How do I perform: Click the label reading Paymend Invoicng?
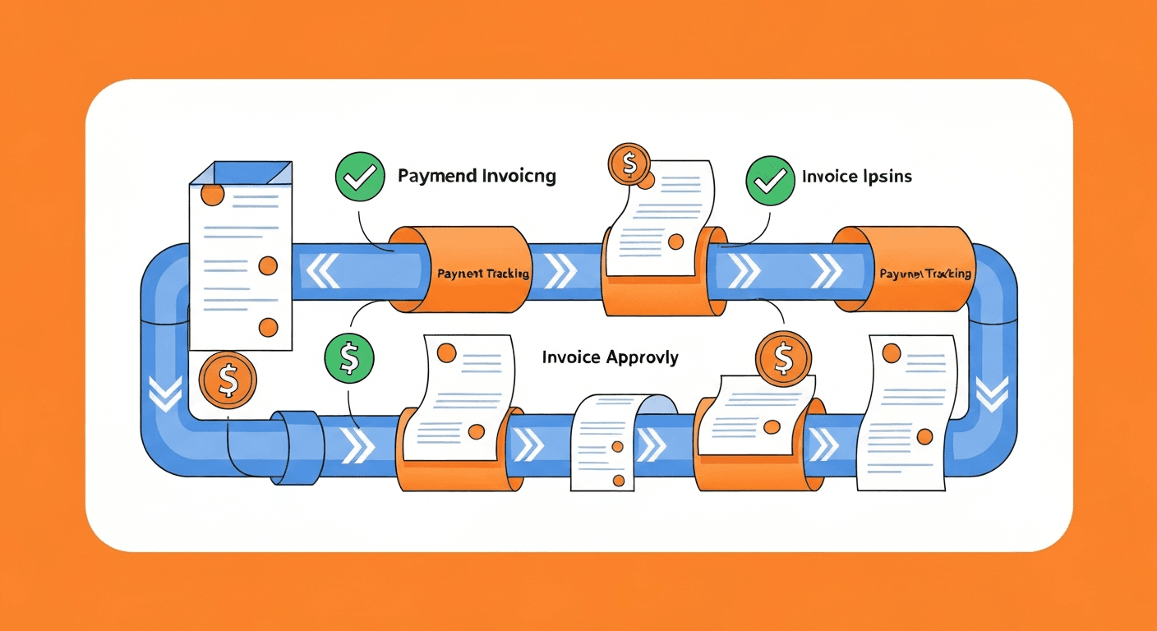click(x=477, y=176)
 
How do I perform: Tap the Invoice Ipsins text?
click(x=856, y=176)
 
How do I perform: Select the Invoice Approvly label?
click(x=610, y=357)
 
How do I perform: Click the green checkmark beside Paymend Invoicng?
click(x=360, y=177)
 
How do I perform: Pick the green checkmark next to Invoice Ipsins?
click(x=770, y=178)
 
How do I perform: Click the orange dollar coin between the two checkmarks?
click(x=629, y=165)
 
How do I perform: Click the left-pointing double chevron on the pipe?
click(x=321, y=270)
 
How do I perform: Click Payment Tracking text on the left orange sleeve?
click(x=483, y=274)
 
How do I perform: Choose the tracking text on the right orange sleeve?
click(x=924, y=274)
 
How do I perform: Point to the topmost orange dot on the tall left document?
click(x=212, y=195)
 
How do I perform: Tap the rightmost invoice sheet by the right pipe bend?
click(x=906, y=411)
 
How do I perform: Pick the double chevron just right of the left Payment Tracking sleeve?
click(x=560, y=270)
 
